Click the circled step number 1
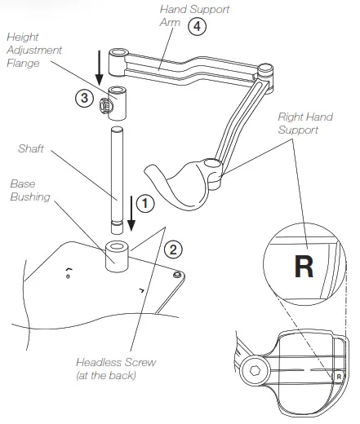click(x=144, y=201)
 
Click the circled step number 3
click(x=82, y=98)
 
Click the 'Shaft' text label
click(x=31, y=148)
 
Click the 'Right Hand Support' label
click(x=304, y=123)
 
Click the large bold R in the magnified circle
click(x=304, y=268)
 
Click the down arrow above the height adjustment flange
click(x=98, y=68)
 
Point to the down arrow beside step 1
click(x=129, y=214)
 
